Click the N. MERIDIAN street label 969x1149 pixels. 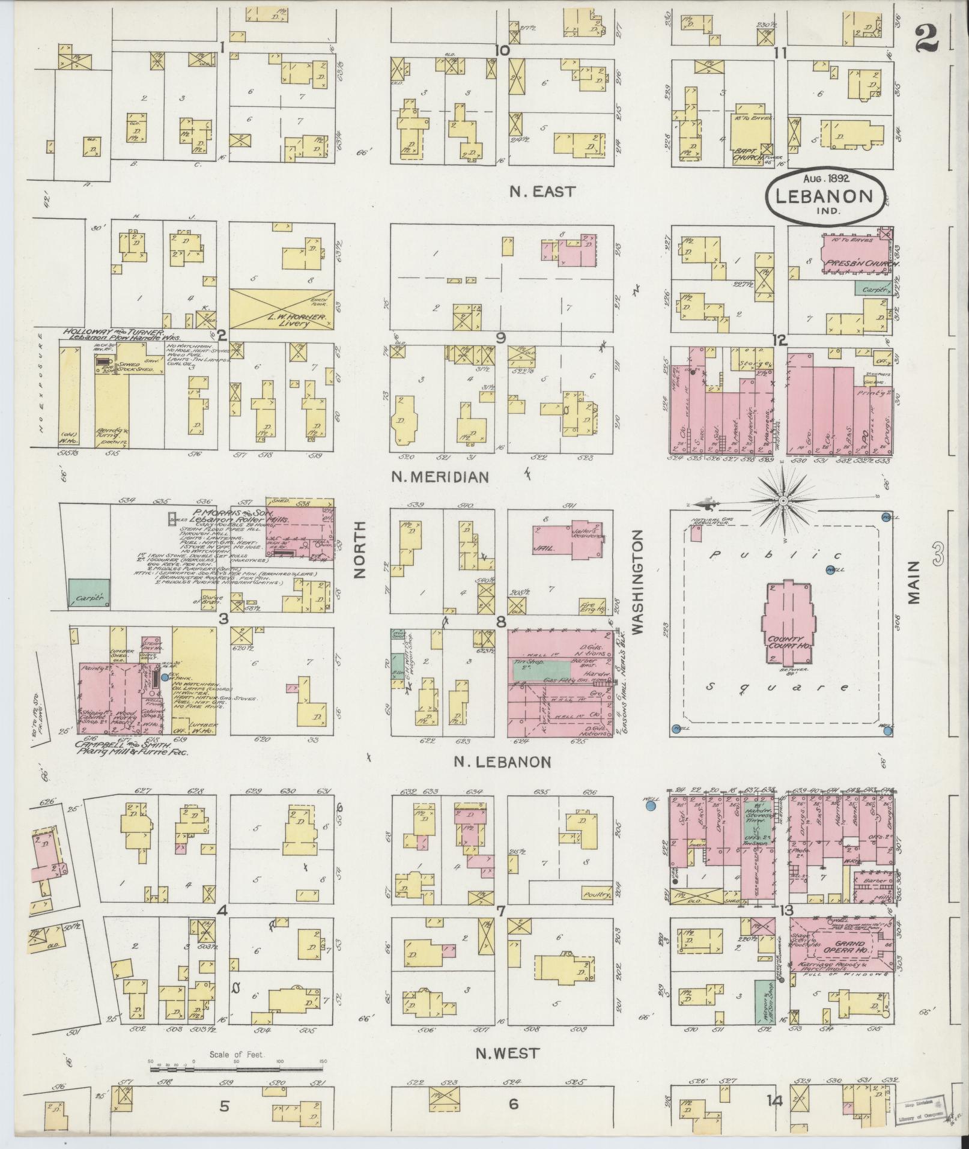click(x=440, y=477)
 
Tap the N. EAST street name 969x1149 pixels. click(x=542, y=192)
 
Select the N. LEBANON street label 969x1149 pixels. click(x=502, y=762)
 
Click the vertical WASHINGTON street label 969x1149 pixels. click(x=637, y=582)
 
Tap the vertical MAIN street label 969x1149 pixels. click(x=914, y=582)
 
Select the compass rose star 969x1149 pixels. click(x=783, y=500)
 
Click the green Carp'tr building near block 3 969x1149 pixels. click(x=89, y=592)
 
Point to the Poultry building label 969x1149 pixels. click(x=597, y=894)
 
